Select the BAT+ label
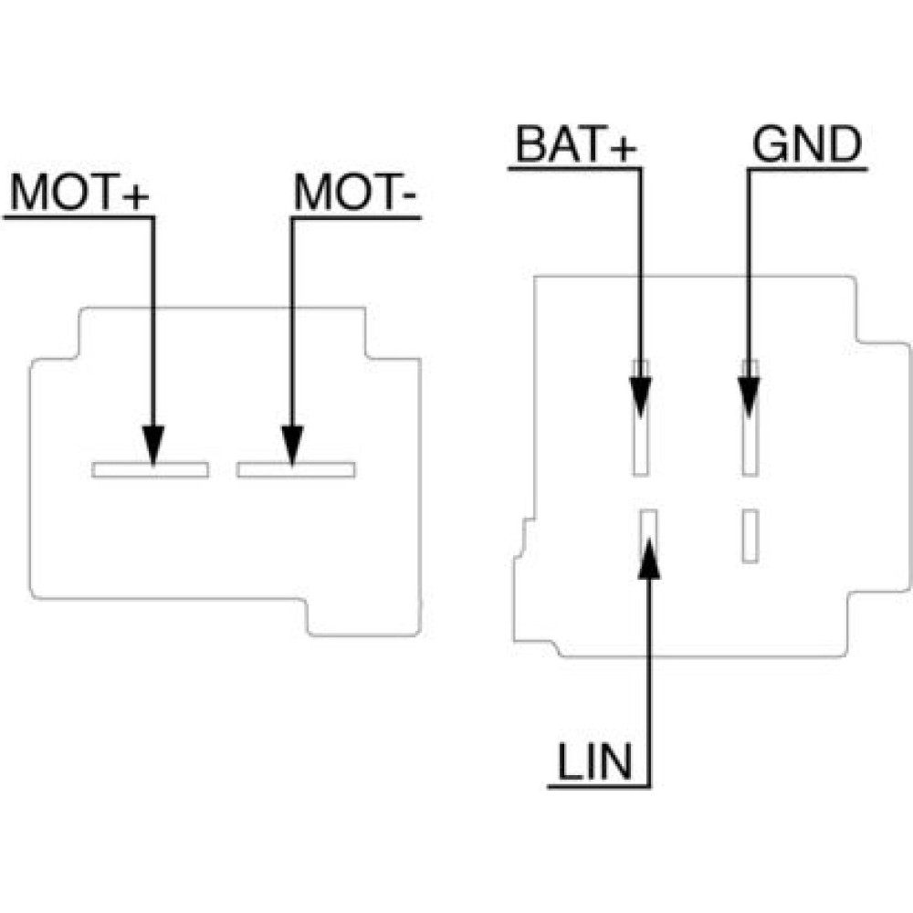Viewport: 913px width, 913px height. [x=575, y=145]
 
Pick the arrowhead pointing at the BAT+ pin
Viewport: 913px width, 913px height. [x=641, y=398]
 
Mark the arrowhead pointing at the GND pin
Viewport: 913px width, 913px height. [x=750, y=398]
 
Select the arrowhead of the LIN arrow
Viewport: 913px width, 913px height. [x=649, y=558]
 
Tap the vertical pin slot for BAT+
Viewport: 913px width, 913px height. [x=641, y=447]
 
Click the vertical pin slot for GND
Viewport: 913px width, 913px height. [x=750, y=447]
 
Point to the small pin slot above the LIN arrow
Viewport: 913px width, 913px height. [x=649, y=525]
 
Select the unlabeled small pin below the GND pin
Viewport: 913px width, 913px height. [x=750, y=536]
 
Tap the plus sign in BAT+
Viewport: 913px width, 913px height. [x=620, y=147]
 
